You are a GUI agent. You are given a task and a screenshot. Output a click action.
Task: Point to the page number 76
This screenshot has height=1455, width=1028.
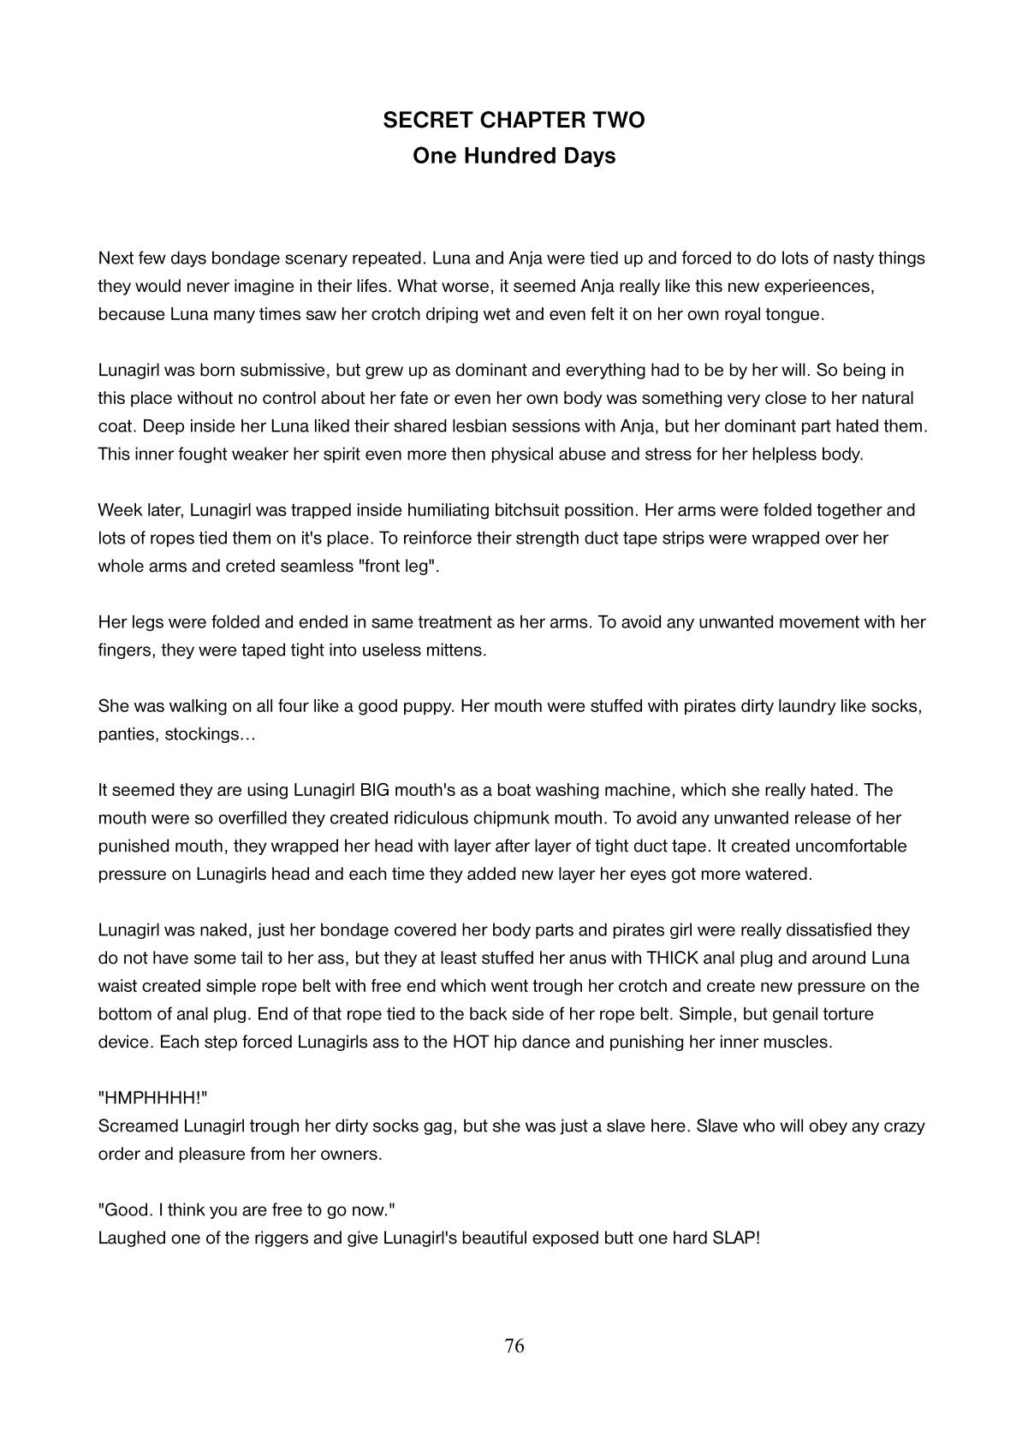514,1346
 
